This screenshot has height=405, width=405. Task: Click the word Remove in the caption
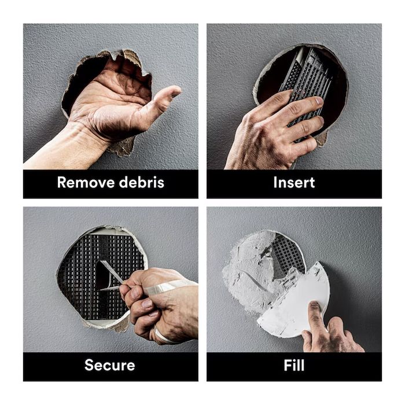[86, 182]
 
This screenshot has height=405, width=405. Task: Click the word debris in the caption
[141, 182]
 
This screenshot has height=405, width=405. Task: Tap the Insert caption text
[294, 182]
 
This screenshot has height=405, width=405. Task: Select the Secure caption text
[110, 365]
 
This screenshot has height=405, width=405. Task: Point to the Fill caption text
[294, 365]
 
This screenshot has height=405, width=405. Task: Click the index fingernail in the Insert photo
[319, 101]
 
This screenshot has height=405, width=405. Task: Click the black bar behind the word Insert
[294, 184]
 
